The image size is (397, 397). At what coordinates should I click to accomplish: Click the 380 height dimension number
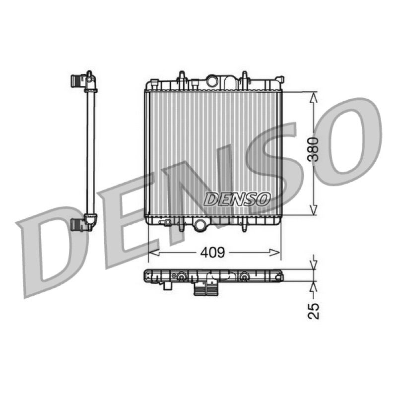[x=313, y=149]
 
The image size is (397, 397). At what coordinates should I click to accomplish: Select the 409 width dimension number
[x=212, y=253]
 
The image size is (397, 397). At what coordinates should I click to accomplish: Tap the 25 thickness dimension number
[x=314, y=311]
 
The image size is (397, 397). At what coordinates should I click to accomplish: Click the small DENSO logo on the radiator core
[x=237, y=199]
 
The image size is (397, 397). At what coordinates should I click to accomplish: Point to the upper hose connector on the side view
[x=78, y=80]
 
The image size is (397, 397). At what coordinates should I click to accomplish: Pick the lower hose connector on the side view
[x=78, y=225]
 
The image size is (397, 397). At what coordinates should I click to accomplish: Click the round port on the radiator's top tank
[x=212, y=81]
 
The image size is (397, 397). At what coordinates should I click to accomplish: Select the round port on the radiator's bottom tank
[x=200, y=225]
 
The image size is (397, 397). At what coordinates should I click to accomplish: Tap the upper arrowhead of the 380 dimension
[x=314, y=97]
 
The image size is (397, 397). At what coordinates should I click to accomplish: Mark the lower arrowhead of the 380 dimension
[x=314, y=209]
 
